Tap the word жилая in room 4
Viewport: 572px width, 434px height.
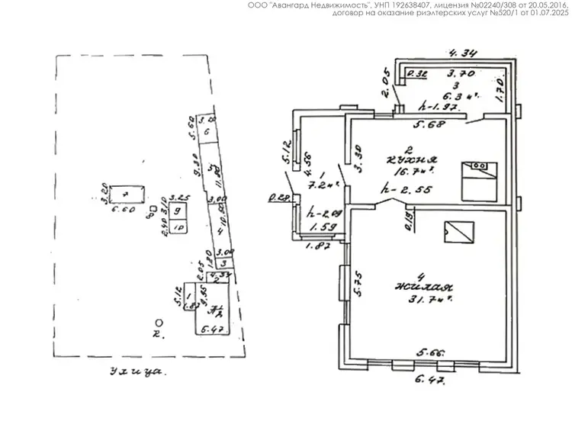[x=422, y=288]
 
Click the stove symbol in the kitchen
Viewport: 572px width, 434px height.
[x=480, y=176]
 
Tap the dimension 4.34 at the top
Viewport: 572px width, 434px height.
[x=463, y=53]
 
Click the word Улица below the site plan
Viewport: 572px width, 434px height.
[x=137, y=372]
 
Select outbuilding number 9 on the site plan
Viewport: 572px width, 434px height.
[x=177, y=211]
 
